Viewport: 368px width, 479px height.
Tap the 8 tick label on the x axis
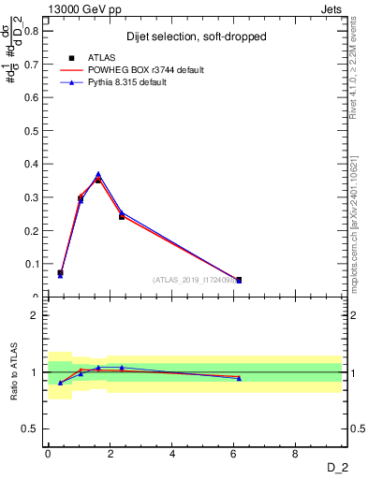pyautogui.click(x=296, y=455)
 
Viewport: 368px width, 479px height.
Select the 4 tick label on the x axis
pyautogui.click(x=172, y=455)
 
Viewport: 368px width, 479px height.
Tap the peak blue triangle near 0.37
pyautogui.click(x=98, y=174)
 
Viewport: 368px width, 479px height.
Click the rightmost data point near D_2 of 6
pyautogui.click(x=239, y=280)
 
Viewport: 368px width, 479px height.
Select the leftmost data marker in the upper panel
pyautogui.click(x=60, y=273)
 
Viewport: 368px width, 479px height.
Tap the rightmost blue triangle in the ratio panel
pyautogui.click(x=239, y=378)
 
